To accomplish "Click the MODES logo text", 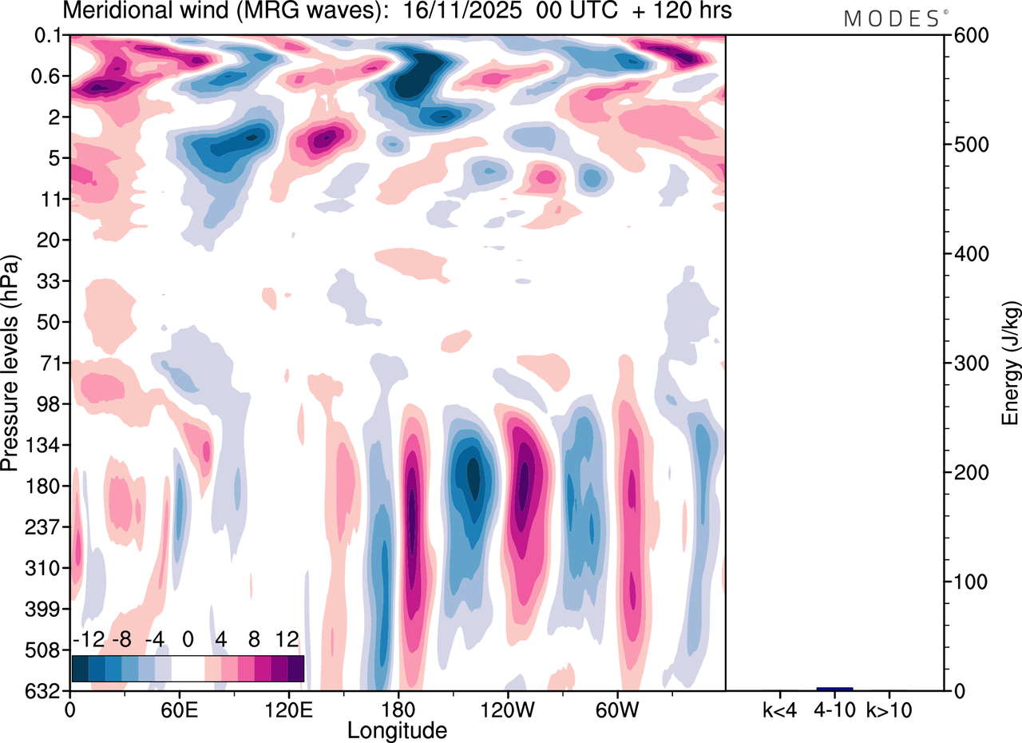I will [x=891, y=19].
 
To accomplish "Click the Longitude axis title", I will [x=397, y=729].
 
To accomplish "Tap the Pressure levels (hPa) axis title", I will [x=10, y=363].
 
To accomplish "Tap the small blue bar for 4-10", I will [x=834, y=689].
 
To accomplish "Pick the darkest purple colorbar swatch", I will [x=295, y=668].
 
